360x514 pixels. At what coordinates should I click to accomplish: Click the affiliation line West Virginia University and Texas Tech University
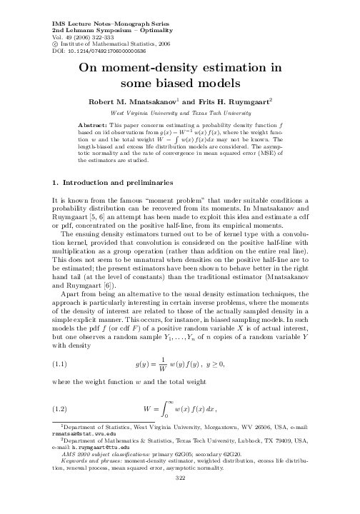180,113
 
